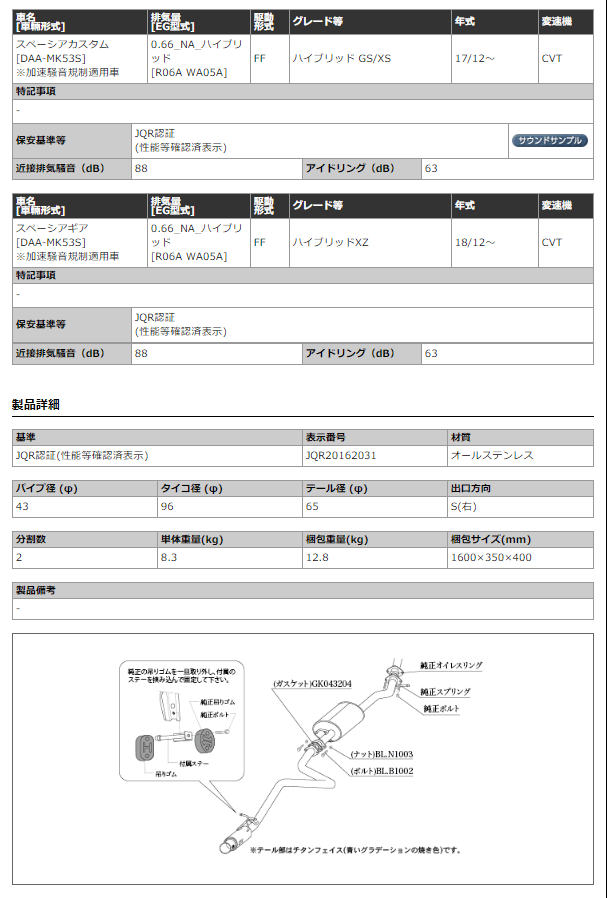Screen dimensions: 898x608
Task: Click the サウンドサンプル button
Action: (x=550, y=141)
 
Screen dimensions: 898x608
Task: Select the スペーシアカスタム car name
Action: (x=63, y=44)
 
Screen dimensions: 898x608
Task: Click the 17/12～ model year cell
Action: (x=474, y=58)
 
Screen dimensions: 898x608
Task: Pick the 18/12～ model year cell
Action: (x=474, y=242)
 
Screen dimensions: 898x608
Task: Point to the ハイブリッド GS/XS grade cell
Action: (x=342, y=58)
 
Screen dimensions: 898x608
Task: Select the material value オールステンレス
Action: (x=492, y=455)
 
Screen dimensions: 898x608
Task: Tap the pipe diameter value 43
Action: (x=21, y=507)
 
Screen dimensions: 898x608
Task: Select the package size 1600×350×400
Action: (x=491, y=557)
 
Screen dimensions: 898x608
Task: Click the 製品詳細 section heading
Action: (x=35, y=404)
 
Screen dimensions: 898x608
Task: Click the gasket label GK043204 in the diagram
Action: (x=311, y=684)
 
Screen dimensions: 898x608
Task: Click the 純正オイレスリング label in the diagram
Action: (x=450, y=664)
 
